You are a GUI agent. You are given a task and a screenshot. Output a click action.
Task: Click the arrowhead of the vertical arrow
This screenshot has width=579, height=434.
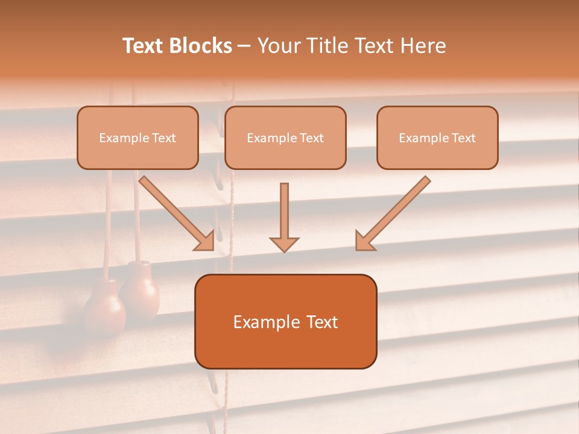284,244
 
